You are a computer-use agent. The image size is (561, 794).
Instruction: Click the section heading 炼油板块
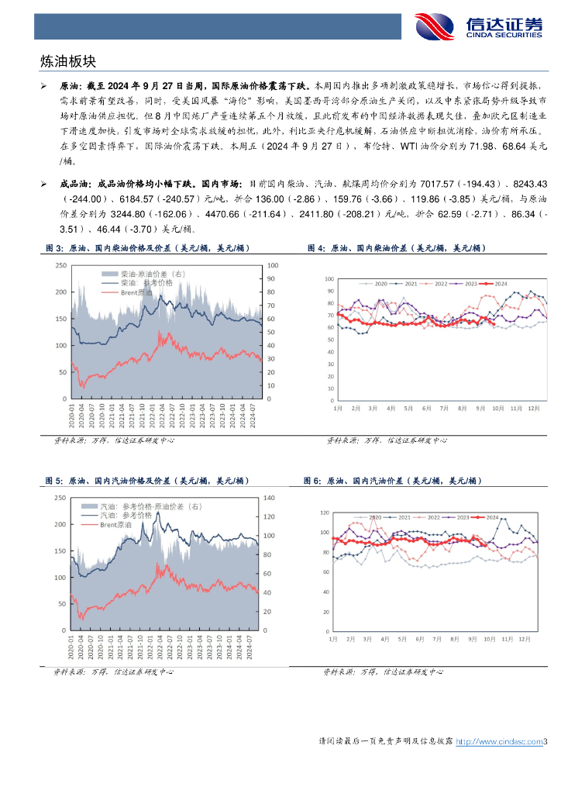[x=67, y=60]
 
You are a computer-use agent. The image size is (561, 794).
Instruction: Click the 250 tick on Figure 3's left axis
[x=60, y=266]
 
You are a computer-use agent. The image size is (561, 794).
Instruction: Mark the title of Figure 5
[x=147, y=481]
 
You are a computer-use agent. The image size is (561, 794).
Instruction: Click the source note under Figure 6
[x=384, y=672]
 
